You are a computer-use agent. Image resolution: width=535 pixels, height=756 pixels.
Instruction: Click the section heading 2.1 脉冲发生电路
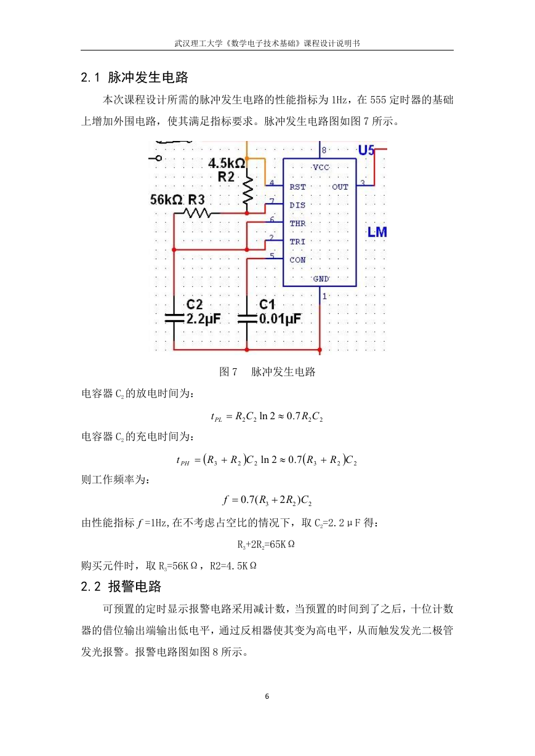click(x=134, y=78)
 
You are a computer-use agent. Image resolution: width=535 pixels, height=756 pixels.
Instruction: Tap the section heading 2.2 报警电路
click(x=121, y=586)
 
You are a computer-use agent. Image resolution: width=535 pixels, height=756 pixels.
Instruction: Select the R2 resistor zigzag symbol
click(x=247, y=190)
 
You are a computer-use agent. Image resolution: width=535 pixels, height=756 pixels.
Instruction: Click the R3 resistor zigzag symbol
click(x=198, y=213)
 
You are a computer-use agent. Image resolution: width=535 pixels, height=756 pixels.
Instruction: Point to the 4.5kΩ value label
click(x=227, y=163)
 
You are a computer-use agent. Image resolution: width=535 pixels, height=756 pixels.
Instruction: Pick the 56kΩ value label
click(x=167, y=200)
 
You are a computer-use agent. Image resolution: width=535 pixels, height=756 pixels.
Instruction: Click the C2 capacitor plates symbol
click(x=174, y=318)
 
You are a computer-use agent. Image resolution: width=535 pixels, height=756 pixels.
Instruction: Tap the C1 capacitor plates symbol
click(x=247, y=318)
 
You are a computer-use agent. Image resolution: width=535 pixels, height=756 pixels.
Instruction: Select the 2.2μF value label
click(x=204, y=319)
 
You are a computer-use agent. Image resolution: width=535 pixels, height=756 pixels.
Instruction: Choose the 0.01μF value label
click(x=280, y=319)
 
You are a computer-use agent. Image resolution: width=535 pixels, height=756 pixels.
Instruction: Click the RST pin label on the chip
click(x=297, y=187)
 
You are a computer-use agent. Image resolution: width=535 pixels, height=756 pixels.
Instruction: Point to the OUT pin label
click(x=340, y=187)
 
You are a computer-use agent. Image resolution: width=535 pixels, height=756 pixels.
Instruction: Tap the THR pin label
click(x=297, y=223)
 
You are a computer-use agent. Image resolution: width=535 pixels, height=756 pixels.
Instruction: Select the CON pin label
click(x=297, y=260)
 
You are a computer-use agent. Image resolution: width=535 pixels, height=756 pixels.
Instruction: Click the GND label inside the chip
click(x=321, y=279)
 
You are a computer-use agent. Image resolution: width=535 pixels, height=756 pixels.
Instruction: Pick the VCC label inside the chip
click(x=321, y=167)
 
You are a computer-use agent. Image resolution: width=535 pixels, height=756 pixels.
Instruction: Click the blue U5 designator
click(x=366, y=150)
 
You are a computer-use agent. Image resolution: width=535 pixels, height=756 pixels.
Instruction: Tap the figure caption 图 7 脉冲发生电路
click(x=267, y=372)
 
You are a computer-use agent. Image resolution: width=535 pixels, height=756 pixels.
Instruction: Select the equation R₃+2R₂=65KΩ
click(x=266, y=544)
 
